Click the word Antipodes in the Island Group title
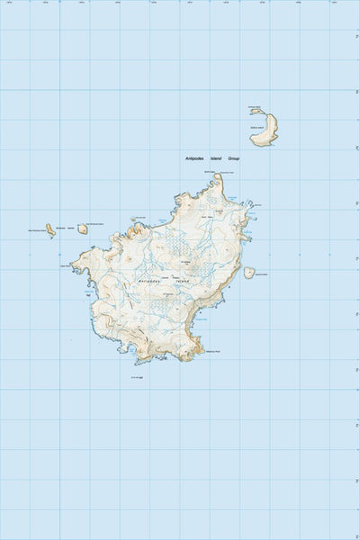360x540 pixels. click(195, 159)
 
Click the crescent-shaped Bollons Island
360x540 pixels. click(266, 129)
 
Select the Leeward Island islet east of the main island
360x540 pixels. click(249, 273)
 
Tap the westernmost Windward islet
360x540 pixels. click(51, 230)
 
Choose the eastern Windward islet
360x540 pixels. click(83, 229)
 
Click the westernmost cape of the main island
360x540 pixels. click(73, 266)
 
